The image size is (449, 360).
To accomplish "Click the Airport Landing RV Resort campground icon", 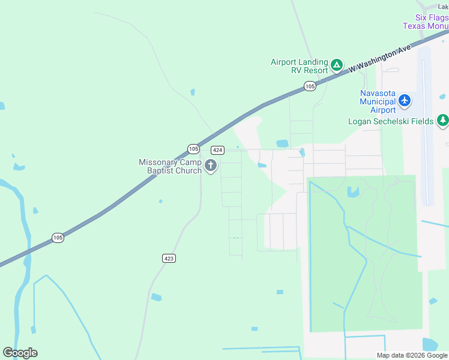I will pyautogui.click(x=337, y=64).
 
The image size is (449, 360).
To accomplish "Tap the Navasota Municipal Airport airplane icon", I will pyautogui.click(x=405, y=100).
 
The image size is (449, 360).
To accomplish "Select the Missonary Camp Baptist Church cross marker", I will pyautogui.click(x=210, y=166).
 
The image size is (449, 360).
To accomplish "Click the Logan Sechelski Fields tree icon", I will pyautogui.click(x=442, y=121).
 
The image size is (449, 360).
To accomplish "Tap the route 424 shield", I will pyautogui.click(x=218, y=150).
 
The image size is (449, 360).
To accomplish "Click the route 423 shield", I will pyautogui.click(x=169, y=258).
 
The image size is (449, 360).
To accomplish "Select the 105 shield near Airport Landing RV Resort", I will pyautogui.click(x=309, y=87).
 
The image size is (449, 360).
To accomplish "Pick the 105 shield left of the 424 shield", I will pyautogui.click(x=193, y=148).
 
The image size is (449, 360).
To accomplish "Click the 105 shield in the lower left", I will pyautogui.click(x=58, y=238).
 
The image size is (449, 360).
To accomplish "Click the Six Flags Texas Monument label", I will pyautogui.click(x=425, y=22).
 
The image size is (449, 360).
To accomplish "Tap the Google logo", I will pyautogui.click(x=20, y=353).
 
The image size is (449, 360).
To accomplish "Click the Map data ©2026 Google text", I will pyautogui.click(x=412, y=355).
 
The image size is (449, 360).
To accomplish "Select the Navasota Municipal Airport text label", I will pyautogui.click(x=378, y=101).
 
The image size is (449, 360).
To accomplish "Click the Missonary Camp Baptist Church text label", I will pyautogui.click(x=170, y=166).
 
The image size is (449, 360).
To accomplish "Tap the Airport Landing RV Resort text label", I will pyautogui.click(x=300, y=66).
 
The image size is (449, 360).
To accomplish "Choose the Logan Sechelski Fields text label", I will pyautogui.click(x=391, y=121).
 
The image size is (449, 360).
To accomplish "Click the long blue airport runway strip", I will pyautogui.click(x=426, y=126).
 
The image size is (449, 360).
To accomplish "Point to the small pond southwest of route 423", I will pyautogui.click(x=156, y=297).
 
